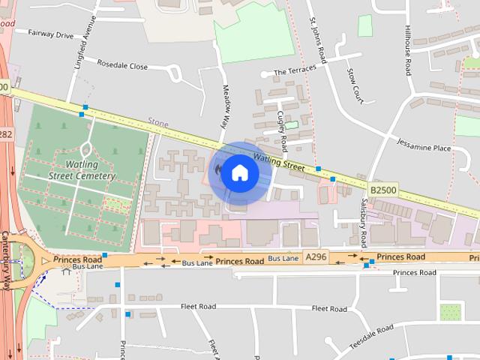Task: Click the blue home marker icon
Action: tap(239, 173)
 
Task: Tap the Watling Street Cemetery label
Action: tap(82, 169)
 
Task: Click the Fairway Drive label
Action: tap(50, 34)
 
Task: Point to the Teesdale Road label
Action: tap(370, 335)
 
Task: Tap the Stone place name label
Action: tap(158, 122)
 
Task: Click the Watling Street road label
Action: tap(278, 161)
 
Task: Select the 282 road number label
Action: tap(5, 134)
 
